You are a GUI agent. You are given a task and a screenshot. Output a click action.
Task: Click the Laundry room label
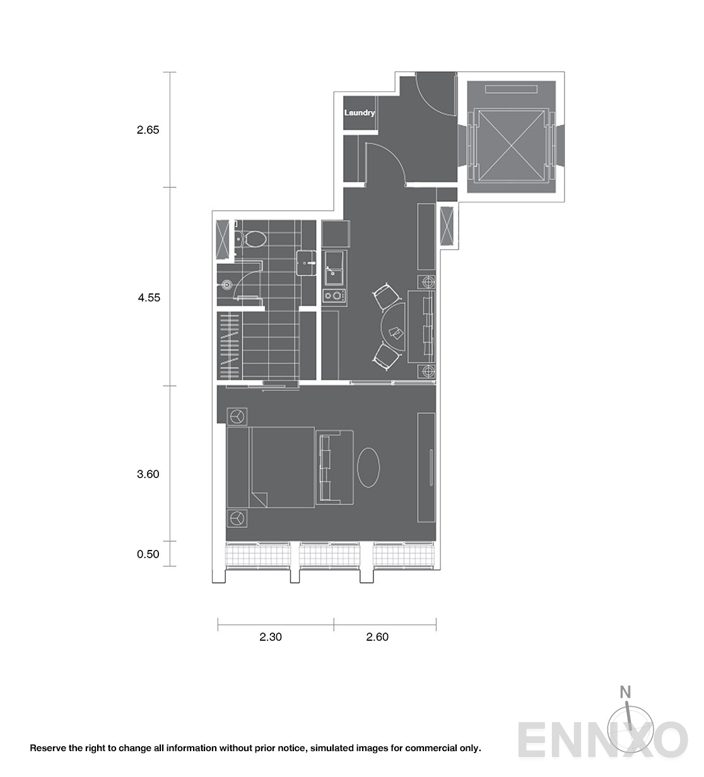click(x=360, y=113)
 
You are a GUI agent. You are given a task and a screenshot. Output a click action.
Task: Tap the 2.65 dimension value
click(x=148, y=131)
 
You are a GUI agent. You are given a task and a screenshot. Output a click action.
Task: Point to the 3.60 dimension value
click(x=148, y=474)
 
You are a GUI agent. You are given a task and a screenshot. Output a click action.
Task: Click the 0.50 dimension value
click(x=148, y=554)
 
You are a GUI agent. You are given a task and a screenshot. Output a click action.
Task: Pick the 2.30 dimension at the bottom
click(x=270, y=637)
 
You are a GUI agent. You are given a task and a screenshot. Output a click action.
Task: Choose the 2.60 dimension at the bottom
click(x=377, y=637)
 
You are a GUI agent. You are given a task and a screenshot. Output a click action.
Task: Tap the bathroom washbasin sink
click(x=307, y=262)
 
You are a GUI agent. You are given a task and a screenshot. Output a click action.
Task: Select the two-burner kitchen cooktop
click(x=334, y=295)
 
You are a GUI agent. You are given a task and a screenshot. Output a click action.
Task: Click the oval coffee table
click(x=369, y=467)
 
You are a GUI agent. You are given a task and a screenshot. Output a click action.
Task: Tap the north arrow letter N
click(x=625, y=692)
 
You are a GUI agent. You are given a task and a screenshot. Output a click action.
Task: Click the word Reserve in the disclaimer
click(x=48, y=749)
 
